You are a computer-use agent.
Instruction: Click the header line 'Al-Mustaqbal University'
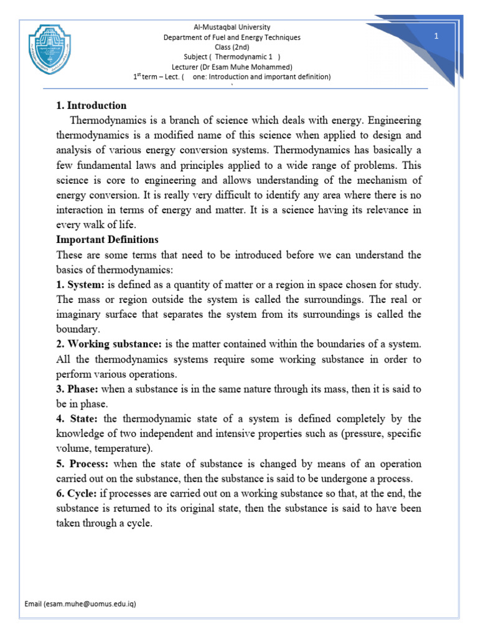[x=232, y=27]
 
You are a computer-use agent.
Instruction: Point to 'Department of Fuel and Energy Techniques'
[x=232, y=37]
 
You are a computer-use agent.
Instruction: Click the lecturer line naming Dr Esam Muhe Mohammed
[x=232, y=67]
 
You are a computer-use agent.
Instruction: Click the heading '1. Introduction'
[x=91, y=105]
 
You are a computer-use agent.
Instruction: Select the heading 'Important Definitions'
[x=107, y=240]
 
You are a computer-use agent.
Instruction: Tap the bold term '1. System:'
[x=80, y=285]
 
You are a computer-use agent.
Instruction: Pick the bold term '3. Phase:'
[x=77, y=389]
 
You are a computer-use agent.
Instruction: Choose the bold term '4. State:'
[x=77, y=419]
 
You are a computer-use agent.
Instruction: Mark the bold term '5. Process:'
[x=82, y=464]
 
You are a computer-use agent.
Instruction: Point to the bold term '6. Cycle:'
[x=78, y=493]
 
